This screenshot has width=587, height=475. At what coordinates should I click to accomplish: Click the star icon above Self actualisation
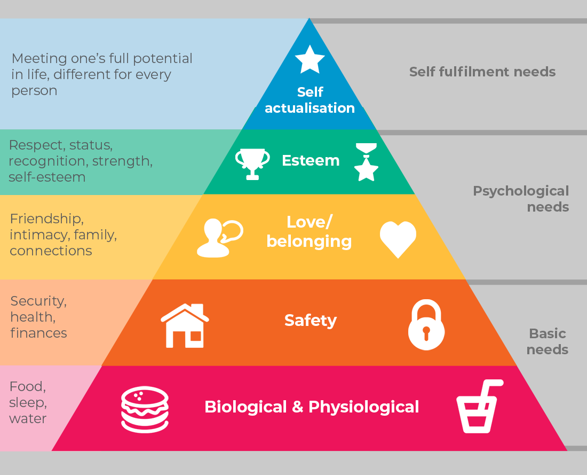click(x=310, y=59)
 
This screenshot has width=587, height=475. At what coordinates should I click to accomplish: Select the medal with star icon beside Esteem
click(x=366, y=162)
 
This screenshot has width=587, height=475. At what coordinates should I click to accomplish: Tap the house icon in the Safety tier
click(x=185, y=325)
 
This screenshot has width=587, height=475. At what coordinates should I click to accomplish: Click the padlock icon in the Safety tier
click(x=426, y=325)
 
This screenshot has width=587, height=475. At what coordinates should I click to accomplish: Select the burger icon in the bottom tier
click(x=145, y=409)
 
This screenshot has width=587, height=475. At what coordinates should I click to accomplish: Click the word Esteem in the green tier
click(x=311, y=160)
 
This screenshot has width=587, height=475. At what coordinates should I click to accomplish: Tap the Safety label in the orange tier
click(x=311, y=321)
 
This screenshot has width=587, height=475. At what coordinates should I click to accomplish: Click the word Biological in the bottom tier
click(x=245, y=407)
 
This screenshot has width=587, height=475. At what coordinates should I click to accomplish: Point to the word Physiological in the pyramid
click(x=363, y=407)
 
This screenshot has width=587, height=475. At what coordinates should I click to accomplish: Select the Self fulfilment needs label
click(x=482, y=72)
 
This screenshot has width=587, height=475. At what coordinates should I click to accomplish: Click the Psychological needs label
click(x=521, y=199)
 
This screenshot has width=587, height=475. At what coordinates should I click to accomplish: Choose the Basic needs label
click(x=548, y=341)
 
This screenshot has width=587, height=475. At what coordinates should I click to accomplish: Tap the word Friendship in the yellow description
click(x=46, y=219)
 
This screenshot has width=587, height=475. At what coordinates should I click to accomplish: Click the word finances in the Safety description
click(x=38, y=333)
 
